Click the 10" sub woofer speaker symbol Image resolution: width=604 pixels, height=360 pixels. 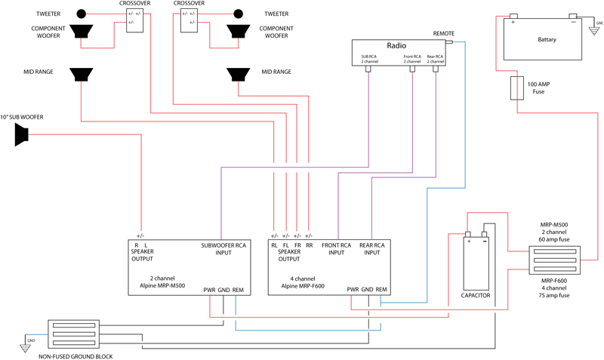click(x=21, y=135)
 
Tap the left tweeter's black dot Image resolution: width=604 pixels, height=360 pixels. click(x=79, y=14)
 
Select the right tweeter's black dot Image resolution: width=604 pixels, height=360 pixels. click(x=239, y=14)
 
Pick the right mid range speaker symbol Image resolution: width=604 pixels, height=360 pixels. click(x=239, y=75)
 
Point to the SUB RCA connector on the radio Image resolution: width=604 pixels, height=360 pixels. click(x=369, y=69)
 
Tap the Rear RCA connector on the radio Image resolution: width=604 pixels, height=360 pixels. click(x=436, y=69)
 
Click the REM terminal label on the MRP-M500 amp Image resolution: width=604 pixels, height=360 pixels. click(x=238, y=290)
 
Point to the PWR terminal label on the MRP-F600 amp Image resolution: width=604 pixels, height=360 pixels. click(x=352, y=290)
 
